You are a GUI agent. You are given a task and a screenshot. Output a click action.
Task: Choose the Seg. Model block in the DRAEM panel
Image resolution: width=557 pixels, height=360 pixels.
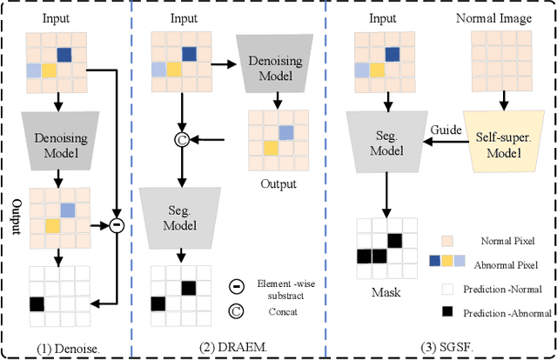tap(181, 217)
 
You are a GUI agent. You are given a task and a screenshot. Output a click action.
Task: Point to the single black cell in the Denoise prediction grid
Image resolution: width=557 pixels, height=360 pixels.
tap(37, 304)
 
